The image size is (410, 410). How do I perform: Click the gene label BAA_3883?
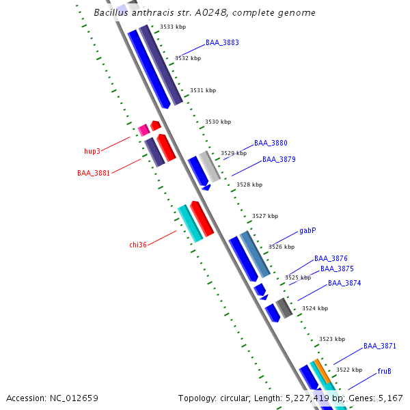coord(222,42)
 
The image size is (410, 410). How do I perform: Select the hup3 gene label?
coord(92,151)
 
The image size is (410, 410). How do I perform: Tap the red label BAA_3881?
coord(94,173)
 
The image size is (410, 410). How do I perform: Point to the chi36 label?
coord(138,244)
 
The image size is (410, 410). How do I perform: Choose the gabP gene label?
coord(307,231)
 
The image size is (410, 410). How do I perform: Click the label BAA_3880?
coord(271,143)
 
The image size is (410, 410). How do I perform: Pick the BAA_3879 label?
coord(279,159)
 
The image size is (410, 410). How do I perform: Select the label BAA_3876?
coord(331,258)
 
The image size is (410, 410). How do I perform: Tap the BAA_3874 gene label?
coord(344,283)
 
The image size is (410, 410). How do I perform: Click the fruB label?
coord(384,371)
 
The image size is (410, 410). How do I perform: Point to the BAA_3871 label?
coord(380,346)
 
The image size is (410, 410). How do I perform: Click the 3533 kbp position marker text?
coord(173,27)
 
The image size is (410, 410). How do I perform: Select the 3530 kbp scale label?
coord(218,122)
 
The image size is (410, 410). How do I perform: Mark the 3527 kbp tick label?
coord(265,216)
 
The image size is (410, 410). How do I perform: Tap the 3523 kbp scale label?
coord(332,339)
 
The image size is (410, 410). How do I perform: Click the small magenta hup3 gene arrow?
coord(143,129)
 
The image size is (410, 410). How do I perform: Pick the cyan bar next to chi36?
coord(190,223)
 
